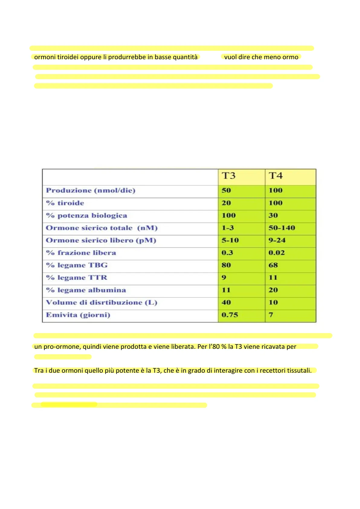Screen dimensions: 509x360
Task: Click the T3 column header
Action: (229, 176)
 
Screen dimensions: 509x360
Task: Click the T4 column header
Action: (276, 176)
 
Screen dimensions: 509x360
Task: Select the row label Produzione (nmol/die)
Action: (91, 190)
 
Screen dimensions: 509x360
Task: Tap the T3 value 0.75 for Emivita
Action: (230, 315)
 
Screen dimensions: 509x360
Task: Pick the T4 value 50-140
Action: (282, 228)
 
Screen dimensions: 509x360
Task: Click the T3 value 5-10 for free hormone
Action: (230, 240)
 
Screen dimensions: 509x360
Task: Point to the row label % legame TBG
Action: (77, 265)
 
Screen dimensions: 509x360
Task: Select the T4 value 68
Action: (273, 265)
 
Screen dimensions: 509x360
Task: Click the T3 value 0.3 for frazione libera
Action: (227, 253)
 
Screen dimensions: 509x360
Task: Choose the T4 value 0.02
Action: (277, 253)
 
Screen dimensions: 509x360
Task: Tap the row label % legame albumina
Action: (86, 290)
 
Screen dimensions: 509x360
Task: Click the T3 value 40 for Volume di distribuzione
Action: (226, 303)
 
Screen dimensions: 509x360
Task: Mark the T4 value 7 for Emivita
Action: (271, 315)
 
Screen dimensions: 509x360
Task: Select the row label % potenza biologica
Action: (86, 216)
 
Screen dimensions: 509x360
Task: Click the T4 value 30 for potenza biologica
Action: (273, 216)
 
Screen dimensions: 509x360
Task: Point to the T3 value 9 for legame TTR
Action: (224, 277)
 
